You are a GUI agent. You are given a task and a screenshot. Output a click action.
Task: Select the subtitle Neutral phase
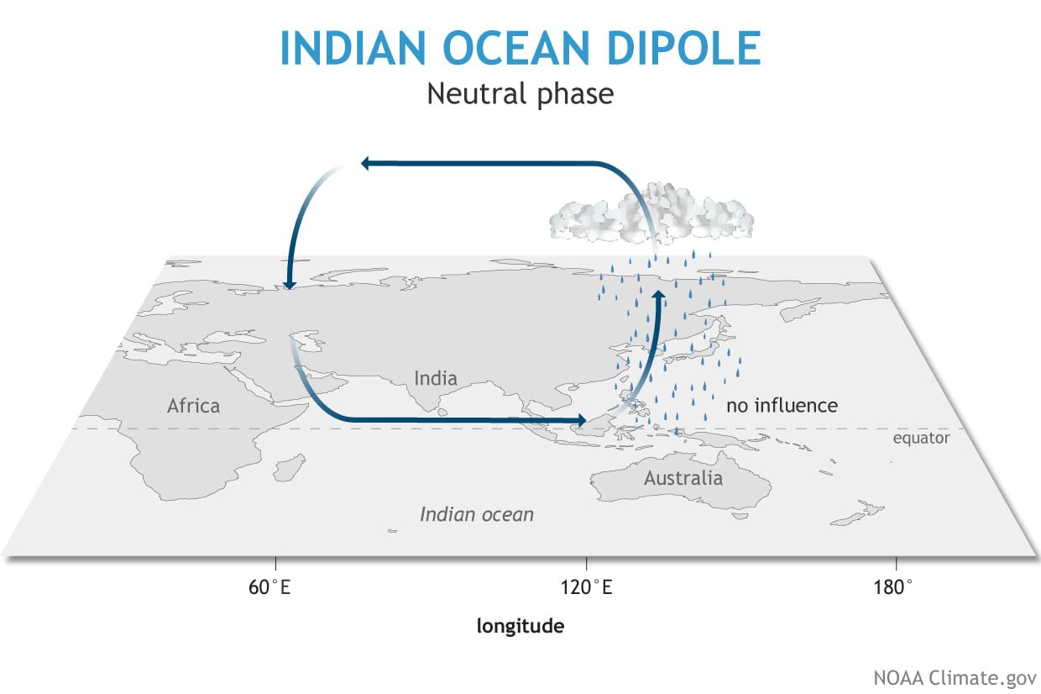520,93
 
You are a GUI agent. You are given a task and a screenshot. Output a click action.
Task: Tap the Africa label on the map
193,406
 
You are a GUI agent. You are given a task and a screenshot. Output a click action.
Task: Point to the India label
436,378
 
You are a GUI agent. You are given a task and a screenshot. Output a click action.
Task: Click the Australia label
683,479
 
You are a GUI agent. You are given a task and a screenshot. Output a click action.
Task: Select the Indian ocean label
477,514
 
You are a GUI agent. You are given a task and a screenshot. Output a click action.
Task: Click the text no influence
782,406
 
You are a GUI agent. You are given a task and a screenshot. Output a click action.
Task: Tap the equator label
921,438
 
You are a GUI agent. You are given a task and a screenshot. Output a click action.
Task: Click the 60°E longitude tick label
269,587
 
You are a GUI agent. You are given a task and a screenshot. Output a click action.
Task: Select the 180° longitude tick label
897,587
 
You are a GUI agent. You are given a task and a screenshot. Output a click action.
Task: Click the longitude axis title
520,626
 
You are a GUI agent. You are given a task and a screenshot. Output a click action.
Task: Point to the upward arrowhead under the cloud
659,297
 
